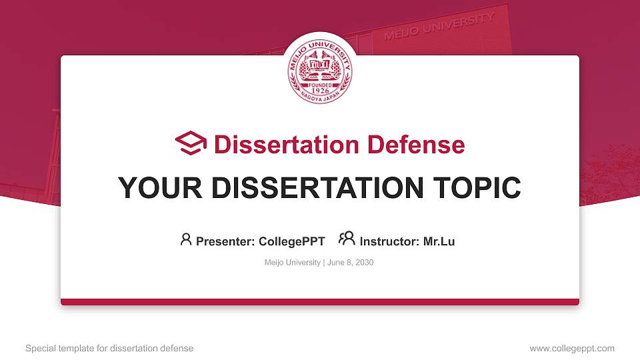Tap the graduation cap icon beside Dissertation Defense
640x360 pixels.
pos(191,144)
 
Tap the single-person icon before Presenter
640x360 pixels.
pos(186,239)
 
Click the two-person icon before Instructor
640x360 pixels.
pos(347,239)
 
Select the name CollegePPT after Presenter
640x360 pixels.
pos(291,241)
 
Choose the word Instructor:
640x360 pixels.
pos(389,241)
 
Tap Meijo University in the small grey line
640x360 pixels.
pos(292,263)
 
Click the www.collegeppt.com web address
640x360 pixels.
pos(571,348)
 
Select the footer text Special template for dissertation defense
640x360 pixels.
pos(109,348)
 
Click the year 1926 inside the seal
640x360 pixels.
pos(320,91)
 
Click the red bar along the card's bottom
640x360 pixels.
pos(320,302)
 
